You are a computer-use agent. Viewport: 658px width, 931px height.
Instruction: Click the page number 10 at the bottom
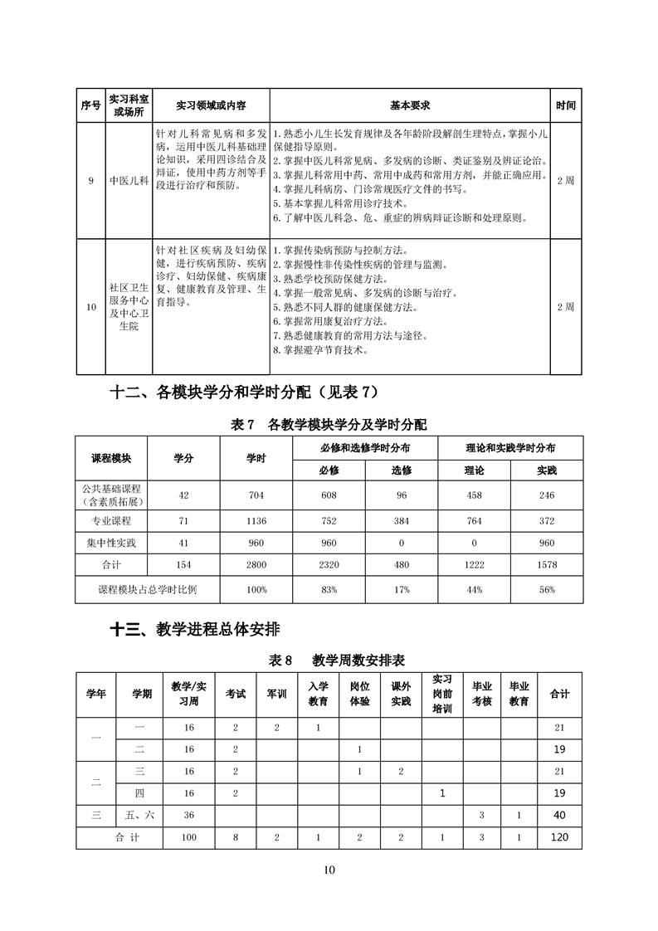(x=329, y=870)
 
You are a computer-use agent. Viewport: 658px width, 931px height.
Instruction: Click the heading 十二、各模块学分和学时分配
(x=249, y=392)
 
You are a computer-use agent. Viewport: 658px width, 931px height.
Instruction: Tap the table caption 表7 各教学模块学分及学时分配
(x=329, y=424)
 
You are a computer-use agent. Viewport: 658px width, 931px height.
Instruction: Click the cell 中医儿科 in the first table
(x=129, y=180)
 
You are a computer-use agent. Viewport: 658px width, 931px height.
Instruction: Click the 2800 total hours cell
(x=256, y=564)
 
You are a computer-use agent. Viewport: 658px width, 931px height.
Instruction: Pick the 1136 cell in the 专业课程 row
(x=256, y=520)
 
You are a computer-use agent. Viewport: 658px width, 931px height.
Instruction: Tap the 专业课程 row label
(x=111, y=520)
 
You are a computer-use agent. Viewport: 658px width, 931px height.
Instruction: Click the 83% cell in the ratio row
(x=329, y=589)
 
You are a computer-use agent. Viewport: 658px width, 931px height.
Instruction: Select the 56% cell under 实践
(x=547, y=589)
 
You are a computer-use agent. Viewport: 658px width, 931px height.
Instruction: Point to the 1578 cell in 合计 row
(x=547, y=564)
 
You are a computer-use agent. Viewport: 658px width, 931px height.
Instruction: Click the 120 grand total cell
(x=559, y=837)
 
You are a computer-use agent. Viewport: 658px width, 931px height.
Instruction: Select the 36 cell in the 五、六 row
(x=189, y=815)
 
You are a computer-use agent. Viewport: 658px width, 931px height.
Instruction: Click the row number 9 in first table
(x=90, y=180)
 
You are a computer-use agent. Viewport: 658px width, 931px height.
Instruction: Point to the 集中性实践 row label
(x=111, y=543)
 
